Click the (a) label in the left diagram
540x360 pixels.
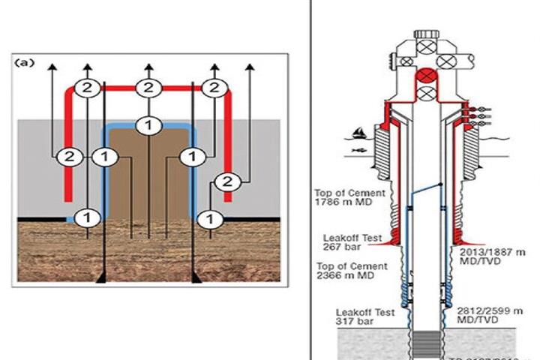click(25, 63)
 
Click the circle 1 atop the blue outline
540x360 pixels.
click(149, 124)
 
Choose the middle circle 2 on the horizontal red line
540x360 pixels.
click(148, 88)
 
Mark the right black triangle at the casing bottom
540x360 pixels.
click(196, 279)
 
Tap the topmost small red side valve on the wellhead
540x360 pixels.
click(469, 107)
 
